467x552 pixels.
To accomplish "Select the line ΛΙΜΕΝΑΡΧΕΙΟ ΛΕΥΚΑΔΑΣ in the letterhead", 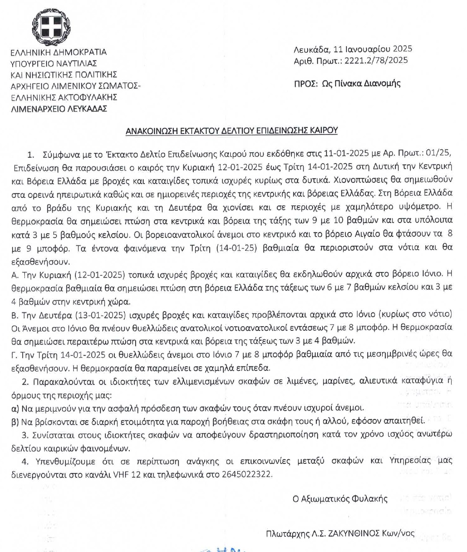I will (x=59, y=109).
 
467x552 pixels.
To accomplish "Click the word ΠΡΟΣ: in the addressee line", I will (x=305, y=83).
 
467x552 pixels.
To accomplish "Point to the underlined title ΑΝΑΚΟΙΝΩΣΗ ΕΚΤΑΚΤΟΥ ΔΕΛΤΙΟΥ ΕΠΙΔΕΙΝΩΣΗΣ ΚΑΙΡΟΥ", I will (x=231, y=130).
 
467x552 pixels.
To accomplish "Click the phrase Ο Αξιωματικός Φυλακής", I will (x=340, y=498).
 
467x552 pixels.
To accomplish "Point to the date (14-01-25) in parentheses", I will (x=236, y=248).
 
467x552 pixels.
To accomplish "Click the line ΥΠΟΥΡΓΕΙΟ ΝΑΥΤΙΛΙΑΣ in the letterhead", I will (x=54, y=64).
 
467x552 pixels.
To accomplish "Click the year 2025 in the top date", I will (x=403, y=49).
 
